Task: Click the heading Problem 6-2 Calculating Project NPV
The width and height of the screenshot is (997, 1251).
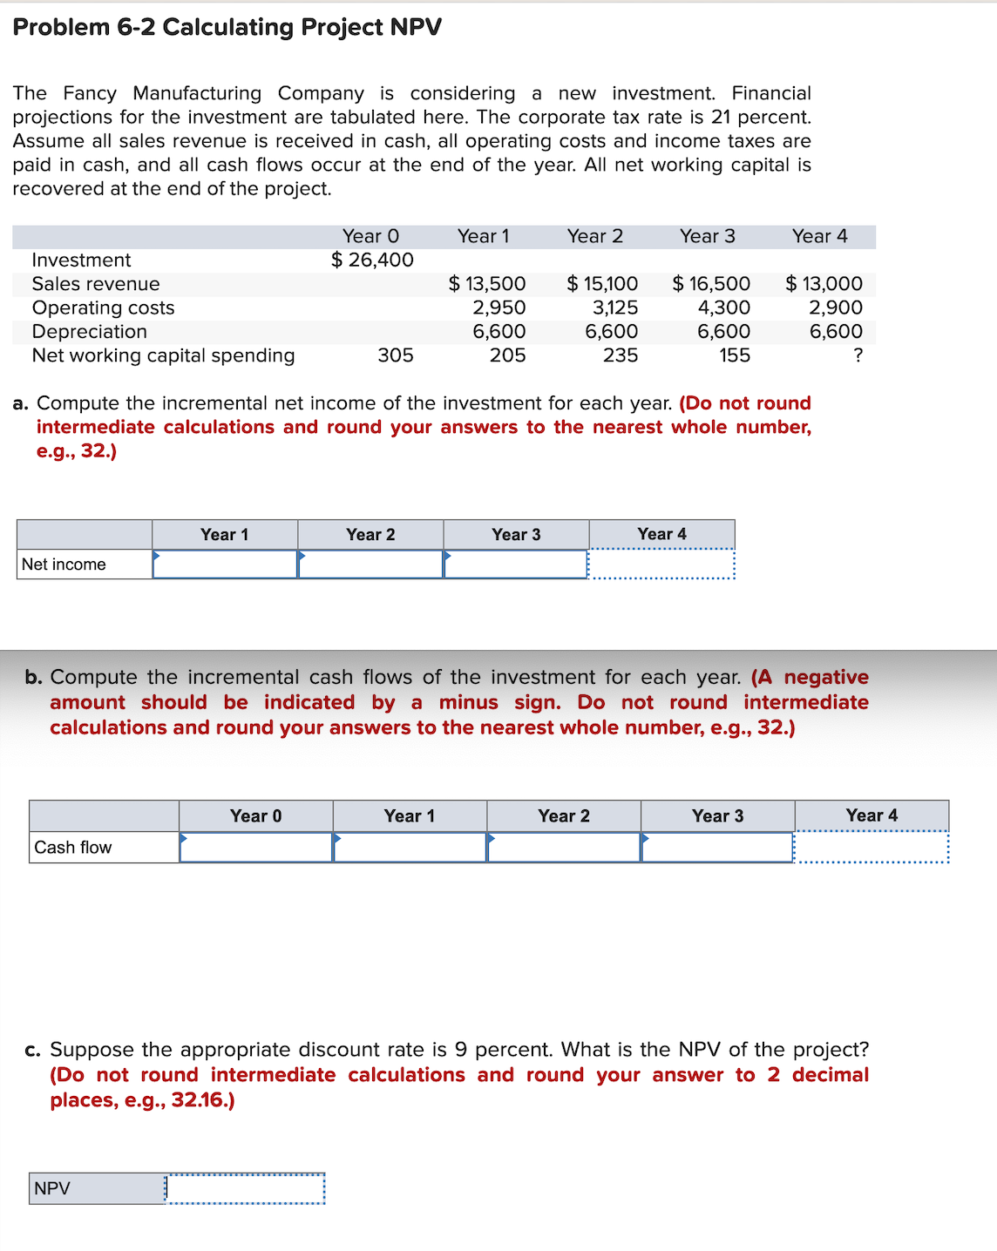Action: pos(227,27)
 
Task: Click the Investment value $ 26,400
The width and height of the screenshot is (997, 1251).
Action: pos(372,260)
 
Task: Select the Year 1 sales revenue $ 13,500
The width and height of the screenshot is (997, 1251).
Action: pos(487,284)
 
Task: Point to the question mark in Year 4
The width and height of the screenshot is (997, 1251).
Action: pos(858,355)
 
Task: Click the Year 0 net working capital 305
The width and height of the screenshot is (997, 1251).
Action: pos(395,355)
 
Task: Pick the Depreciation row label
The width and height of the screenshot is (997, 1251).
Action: pos(89,332)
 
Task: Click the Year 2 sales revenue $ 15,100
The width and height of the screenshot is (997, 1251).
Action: pos(602,284)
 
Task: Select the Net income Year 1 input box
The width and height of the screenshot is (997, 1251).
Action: pos(225,565)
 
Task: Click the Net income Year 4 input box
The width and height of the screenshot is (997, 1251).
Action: pos(661,565)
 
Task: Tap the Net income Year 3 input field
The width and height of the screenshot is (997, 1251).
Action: pos(516,565)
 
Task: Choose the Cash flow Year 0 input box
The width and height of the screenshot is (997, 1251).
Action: pos(256,848)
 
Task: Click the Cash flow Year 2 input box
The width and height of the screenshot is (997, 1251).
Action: pos(564,848)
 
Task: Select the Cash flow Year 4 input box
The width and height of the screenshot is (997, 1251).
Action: pos(872,848)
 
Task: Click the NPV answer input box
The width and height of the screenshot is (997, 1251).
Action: pos(245,1189)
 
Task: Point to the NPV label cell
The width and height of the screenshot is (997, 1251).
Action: pos(96,1189)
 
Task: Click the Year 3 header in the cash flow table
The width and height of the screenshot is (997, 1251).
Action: pos(717,816)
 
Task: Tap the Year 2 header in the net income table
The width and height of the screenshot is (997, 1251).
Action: pos(370,535)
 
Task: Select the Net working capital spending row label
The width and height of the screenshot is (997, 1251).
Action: pos(163,355)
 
